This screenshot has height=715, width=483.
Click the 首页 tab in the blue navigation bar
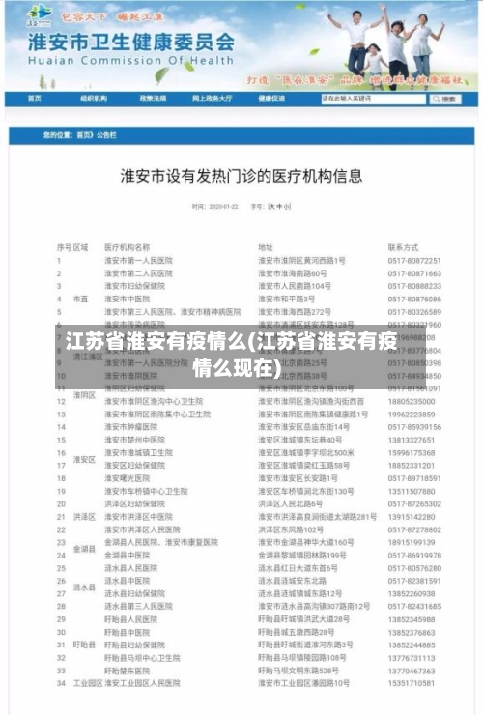coord(35,99)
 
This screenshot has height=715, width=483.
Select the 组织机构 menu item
coord(94,99)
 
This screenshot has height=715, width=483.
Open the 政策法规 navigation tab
coord(153,99)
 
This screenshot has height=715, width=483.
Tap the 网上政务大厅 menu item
coord(213,99)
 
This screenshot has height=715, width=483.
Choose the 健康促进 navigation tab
coord(271,99)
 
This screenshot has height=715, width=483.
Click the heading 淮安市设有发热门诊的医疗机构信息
coord(241,176)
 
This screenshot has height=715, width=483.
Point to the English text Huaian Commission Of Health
coord(119,61)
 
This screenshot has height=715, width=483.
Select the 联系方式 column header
coord(403,247)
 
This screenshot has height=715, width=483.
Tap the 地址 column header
coord(266,247)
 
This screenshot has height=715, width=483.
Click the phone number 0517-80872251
coord(414,261)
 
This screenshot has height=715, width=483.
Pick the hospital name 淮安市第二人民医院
coord(138,273)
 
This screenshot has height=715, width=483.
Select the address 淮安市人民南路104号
coord(295,287)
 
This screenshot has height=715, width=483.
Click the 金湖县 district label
coord(83,549)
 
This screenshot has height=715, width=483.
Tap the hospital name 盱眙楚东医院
coord(129,670)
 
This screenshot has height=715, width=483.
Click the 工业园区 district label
coord(88,683)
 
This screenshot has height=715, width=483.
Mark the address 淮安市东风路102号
coord(291,529)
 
